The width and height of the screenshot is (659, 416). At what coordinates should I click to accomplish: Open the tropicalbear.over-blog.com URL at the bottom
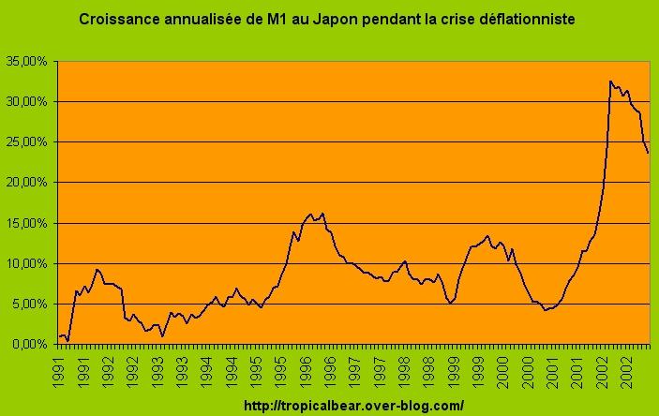click(353, 406)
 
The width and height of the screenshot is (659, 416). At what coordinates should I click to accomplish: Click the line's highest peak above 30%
click(610, 82)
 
